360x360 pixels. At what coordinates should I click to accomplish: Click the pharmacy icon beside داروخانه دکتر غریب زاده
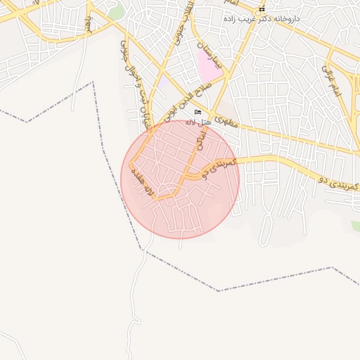click(x=262, y=9)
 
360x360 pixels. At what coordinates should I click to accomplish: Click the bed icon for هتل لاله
click(x=198, y=112)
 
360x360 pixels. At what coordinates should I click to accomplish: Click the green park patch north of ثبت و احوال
click(x=116, y=12)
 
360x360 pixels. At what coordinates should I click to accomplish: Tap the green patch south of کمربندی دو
click(x=356, y=226)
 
